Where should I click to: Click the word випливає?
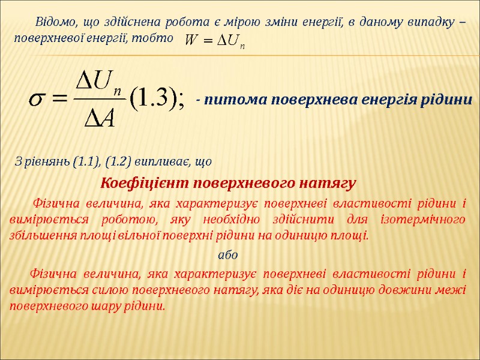click(x=161, y=162)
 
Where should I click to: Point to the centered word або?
click(x=229, y=255)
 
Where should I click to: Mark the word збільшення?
click(x=41, y=235)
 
